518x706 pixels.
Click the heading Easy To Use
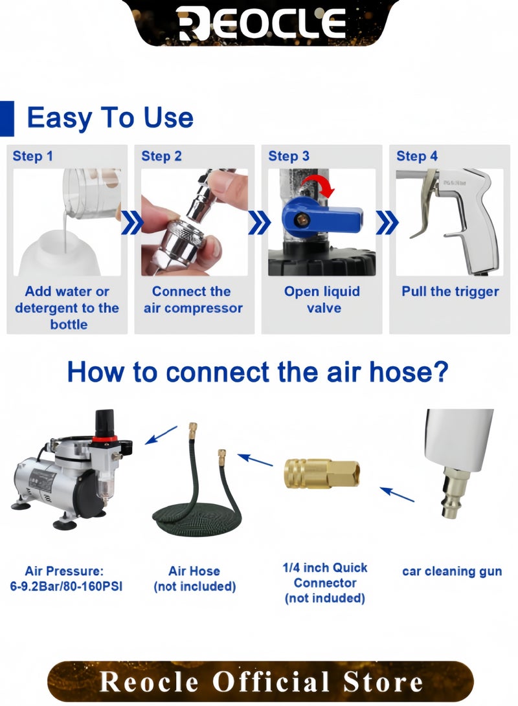click(110, 118)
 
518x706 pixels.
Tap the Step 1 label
click(32, 156)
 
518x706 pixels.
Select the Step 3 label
click(289, 156)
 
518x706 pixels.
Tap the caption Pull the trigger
click(450, 291)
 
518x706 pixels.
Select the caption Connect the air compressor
click(193, 300)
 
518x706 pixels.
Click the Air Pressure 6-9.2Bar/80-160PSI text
click(65, 579)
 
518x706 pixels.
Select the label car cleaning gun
click(452, 571)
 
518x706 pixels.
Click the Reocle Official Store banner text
click(261, 681)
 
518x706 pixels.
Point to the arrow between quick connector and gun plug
click(397, 494)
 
